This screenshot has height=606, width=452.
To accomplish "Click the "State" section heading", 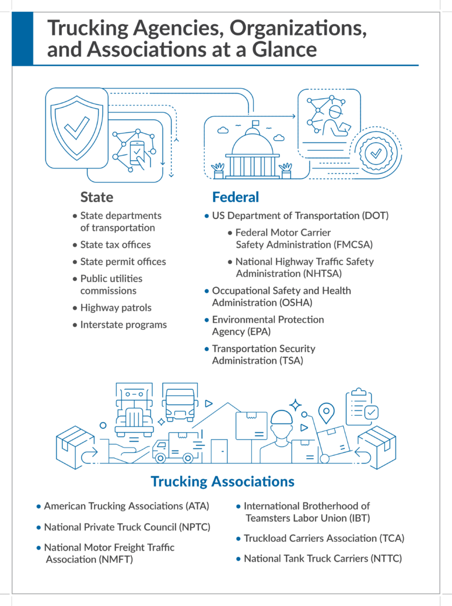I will coord(97,197).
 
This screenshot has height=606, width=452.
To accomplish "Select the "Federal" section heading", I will coord(235,197).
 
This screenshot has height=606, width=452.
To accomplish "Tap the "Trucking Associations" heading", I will coord(222,481).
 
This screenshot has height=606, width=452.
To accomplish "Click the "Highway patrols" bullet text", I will coord(116,307).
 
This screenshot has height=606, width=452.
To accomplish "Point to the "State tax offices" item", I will coord(115,244).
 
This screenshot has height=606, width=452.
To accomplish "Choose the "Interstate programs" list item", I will coord(124,324).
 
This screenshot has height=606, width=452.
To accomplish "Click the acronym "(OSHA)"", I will coord(292,302).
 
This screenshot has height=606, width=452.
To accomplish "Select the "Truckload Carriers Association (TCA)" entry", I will coord(324,538).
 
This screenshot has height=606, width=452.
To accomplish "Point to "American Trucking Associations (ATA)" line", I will coord(127,506).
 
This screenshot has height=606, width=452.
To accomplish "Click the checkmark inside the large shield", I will coord(77,127).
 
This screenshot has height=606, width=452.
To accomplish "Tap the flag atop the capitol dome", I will coord(255,124).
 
